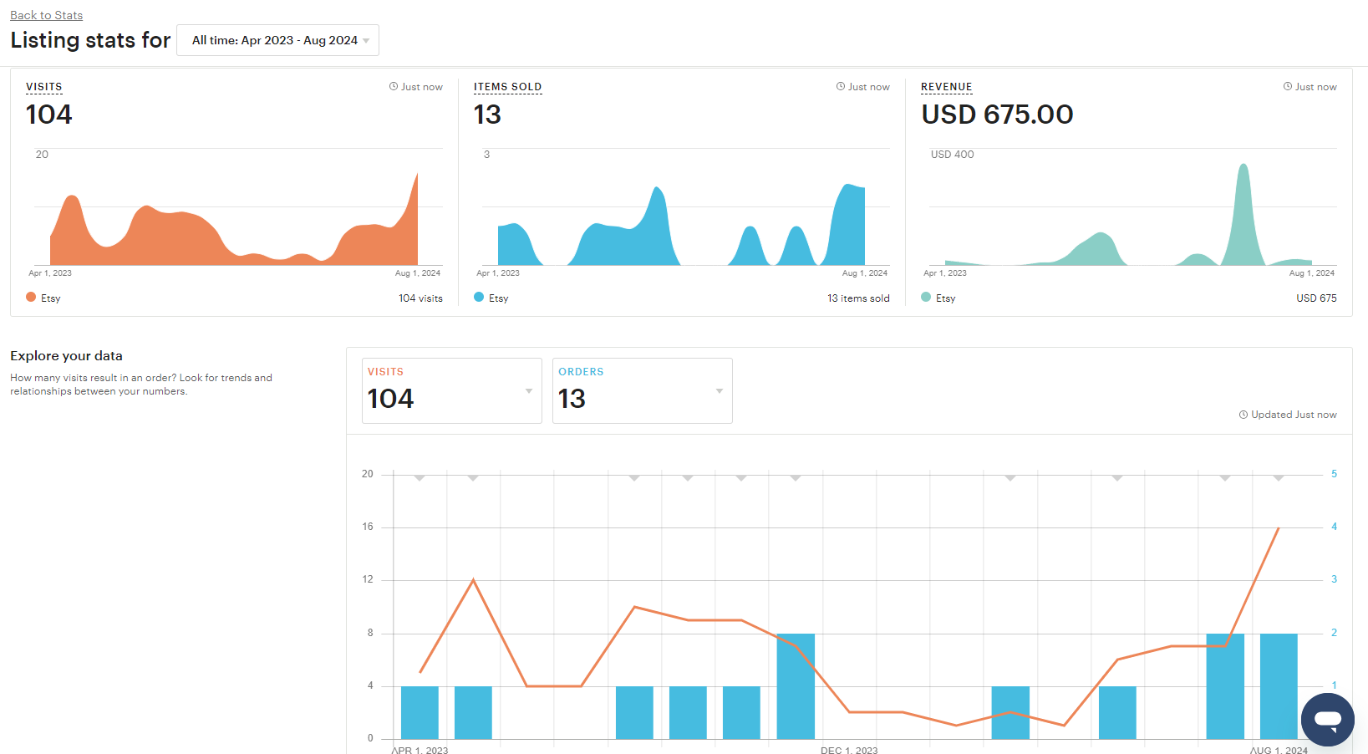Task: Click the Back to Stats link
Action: pyautogui.click(x=47, y=15)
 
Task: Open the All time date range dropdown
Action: pyautogui.click(x=278, y=40)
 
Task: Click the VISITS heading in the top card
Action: pyautogui.click(x=44, y=87)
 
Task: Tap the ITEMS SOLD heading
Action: pyautogui.click(x=507, y=87)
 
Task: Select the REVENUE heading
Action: pyautogui.click(x=947, y=87)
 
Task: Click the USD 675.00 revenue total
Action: pyautogui.click(x=997, y=115)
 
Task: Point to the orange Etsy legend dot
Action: pyautogui.click(x=31, y=297)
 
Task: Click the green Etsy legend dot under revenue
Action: pyautogui.click(x=926, y=297)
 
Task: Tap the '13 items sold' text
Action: pyautogui.click(x=858, y=298)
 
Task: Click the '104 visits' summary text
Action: pyautogui.click(x=421, y=298)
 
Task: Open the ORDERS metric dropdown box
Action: pyautogui.click(x=643, y=391)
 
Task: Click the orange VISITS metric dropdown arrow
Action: pyautogui.click(x=529, y=391)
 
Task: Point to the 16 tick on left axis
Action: pyautogui.click(x=368, y=527)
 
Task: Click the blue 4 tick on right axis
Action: pyautogui.click(x=1334, y=527)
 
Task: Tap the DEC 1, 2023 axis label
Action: pyautogui.click(x=849, y=750)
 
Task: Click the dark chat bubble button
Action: pyautogui.click(x=1328, y=720)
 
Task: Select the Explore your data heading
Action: pyautogui.click(x=67, y=355)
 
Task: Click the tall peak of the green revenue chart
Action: pyautogui.click(x=1243, y=165)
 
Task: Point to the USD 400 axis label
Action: pyautogui.click(x=952, y=155)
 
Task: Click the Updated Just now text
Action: pyautogui.click(x=1288, y=415)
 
